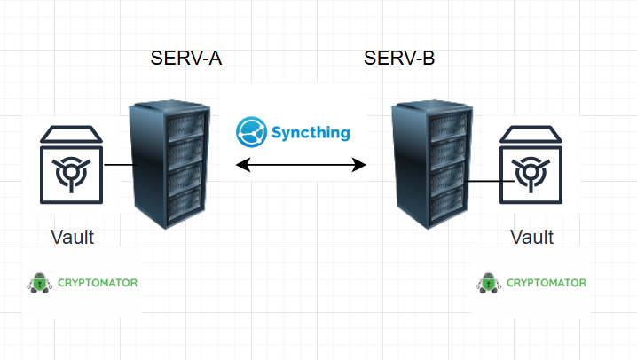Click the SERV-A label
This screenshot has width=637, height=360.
pos(185,60)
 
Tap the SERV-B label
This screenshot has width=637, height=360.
pos(399,60)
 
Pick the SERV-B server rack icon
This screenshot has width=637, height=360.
pos(431,166)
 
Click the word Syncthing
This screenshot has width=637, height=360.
pos(311,133)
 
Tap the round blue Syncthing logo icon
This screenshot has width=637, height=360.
pos(251,132)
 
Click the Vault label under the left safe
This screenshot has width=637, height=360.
pos(73,237)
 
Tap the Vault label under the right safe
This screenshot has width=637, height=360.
pos(532,237)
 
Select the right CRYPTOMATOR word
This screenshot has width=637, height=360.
pos(546,283)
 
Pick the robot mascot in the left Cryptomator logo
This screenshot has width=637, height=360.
pos(36,283)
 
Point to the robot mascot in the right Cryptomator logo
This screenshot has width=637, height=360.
pos(486,283)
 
